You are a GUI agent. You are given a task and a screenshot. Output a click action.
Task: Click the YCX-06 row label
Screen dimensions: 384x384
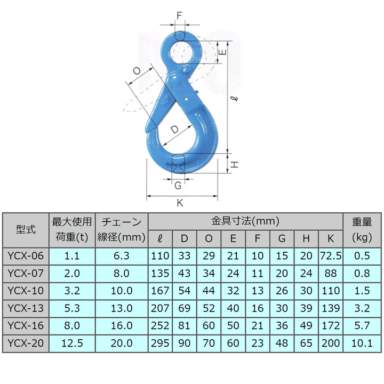pos(26,257)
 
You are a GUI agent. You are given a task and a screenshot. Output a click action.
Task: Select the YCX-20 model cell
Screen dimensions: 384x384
pos(26,343)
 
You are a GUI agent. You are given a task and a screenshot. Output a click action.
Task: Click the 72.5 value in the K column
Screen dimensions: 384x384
pos(331,257)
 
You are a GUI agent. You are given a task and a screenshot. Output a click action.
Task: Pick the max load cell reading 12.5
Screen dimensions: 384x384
pos(72,343)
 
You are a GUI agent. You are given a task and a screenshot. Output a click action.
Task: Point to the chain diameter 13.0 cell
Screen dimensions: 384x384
pos(122,308)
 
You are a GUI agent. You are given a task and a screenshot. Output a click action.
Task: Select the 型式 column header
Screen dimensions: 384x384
pos(26,230)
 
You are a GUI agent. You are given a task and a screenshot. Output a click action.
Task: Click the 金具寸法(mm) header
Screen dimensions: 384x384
pos(245,221)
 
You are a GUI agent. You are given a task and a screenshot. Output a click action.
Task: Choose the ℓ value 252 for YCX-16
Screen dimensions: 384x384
pos(160,326)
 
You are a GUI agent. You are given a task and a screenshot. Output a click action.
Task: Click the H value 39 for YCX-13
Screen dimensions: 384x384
pos(306,308)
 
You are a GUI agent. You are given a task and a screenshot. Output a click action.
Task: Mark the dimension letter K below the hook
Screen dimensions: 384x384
pos(180,203)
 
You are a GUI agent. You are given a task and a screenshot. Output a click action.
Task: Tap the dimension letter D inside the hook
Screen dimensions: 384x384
pos(174,130)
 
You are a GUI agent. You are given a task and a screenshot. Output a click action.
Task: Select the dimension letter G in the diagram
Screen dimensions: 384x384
pos(178,185)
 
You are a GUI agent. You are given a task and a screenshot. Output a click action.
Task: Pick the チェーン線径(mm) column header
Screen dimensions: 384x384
pos(122,230)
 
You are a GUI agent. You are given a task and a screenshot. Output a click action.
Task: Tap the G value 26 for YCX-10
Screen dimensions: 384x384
pos(282,291)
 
